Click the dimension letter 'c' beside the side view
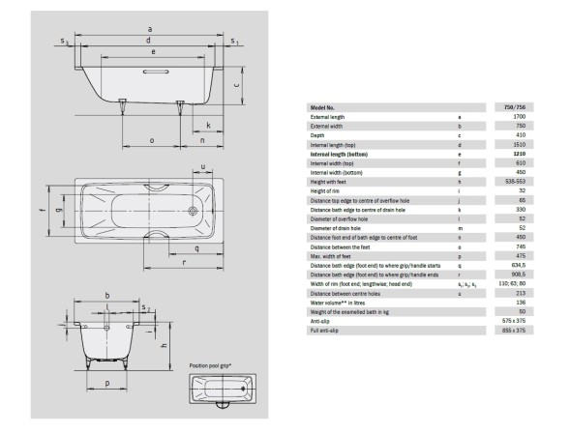click(x=238, y=84)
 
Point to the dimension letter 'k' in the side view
click(x=208, y=126)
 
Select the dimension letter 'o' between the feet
click(x=153, y=141)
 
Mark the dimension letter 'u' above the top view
click(x=203, y=167)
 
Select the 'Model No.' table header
click(x=322, y=107)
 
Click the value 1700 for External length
click(x=519, y=117)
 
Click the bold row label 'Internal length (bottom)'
click(x=341, y=154)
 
